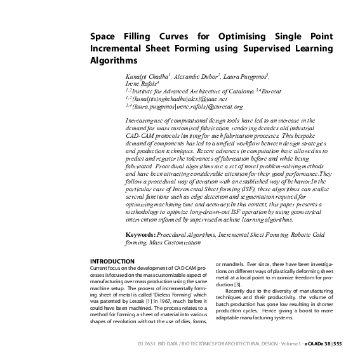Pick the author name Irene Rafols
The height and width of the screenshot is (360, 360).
(x=142, y=83)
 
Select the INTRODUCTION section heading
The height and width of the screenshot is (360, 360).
(x=112, y=261)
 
